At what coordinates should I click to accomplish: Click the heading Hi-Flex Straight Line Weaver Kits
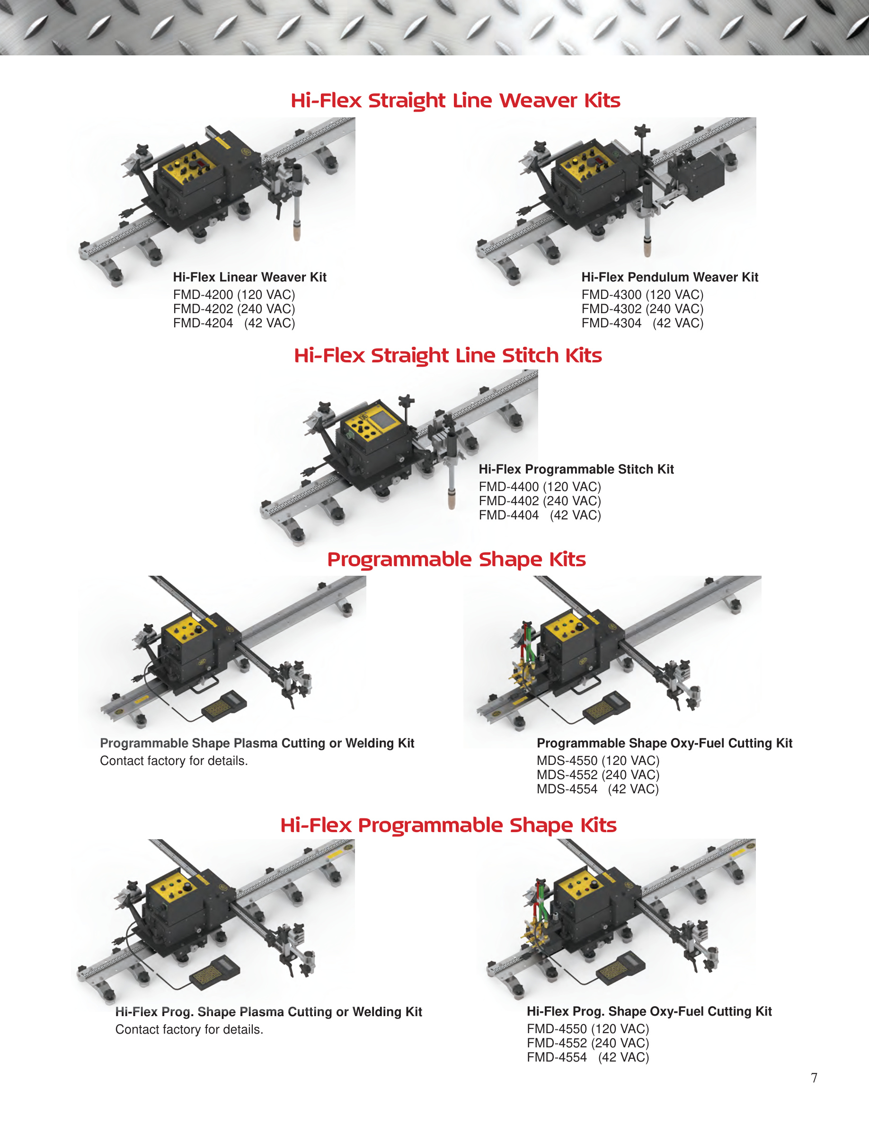click(x=455, y=100)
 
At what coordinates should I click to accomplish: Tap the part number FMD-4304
click(x=612, y=323)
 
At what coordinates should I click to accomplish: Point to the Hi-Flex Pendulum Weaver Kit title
click(x=670, y=277)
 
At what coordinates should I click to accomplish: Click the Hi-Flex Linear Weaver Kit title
click(x=250, y=277)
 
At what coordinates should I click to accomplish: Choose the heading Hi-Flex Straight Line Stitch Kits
click(x=448, y=355)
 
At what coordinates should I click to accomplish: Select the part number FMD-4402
click(x=509, y=501)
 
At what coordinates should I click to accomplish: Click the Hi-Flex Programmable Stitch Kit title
click(x=576, y=469)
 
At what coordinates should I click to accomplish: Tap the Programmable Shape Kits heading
click(x=457, y=560)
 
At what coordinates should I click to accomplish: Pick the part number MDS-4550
click(x=568, y=760)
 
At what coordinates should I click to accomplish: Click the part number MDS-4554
click(x=568, y=789)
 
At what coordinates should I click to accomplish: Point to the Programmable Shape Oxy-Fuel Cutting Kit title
click(x=665, y=743)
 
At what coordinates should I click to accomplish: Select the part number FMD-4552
click(x=557, y=1043)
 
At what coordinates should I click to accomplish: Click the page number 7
click(x=814, y=1077)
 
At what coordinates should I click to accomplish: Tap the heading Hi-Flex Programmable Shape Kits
click(x=448, y=825)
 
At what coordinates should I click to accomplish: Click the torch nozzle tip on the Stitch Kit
click(x=452, y=502)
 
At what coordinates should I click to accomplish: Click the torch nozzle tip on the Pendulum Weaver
click(x=647, y=251)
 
